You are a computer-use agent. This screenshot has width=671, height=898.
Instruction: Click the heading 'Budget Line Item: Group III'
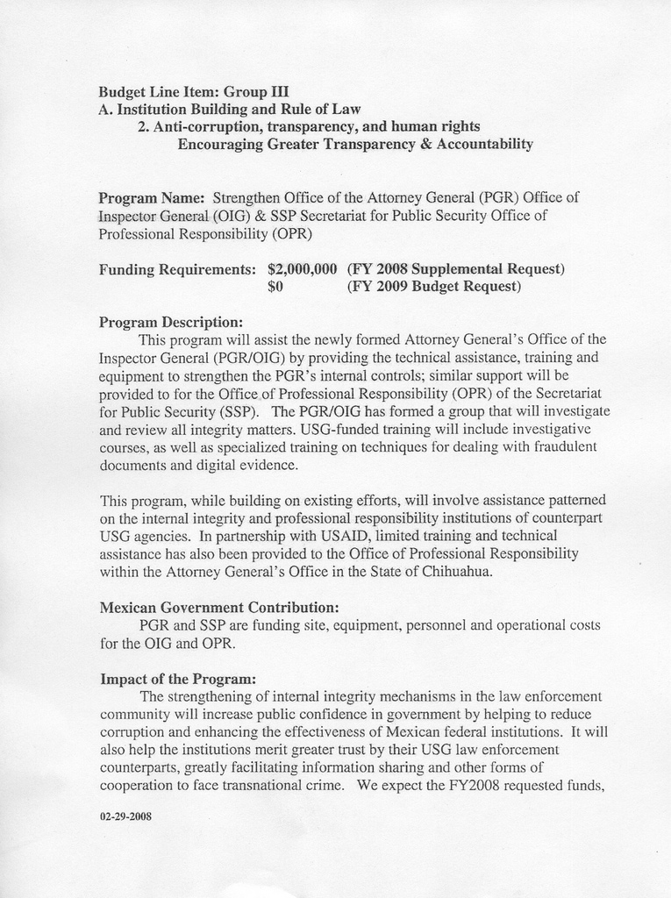tap(194, 91)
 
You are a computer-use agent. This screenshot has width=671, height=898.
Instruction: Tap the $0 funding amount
tap(275, 287)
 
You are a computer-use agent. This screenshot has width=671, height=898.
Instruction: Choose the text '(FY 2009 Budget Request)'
tap(434, 287)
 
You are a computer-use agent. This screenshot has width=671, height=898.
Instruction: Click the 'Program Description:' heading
tap(171, 322)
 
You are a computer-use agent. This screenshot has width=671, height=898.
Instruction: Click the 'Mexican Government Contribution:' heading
tap(219, 607)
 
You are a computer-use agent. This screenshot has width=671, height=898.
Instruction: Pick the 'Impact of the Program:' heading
tap(178, 679)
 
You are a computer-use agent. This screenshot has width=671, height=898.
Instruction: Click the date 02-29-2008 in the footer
tap(126, 816)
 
